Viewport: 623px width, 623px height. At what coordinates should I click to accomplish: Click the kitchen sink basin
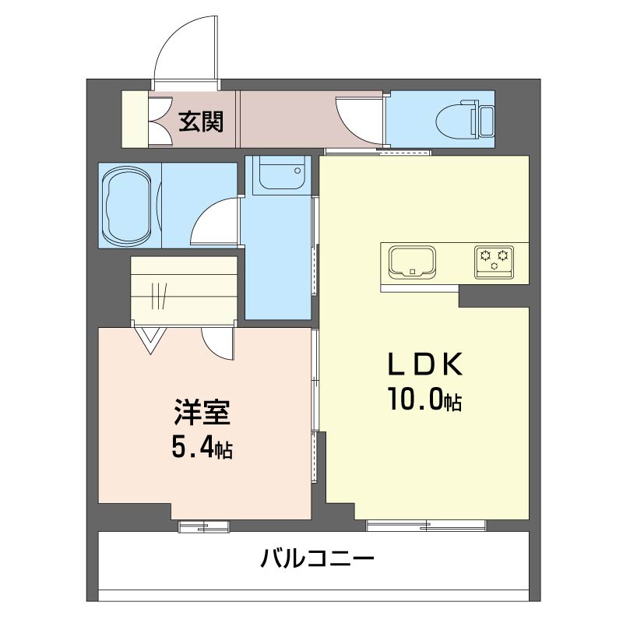(x=412, y=262)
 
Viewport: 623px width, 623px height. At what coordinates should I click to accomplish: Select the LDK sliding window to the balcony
(x=426, y=526)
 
